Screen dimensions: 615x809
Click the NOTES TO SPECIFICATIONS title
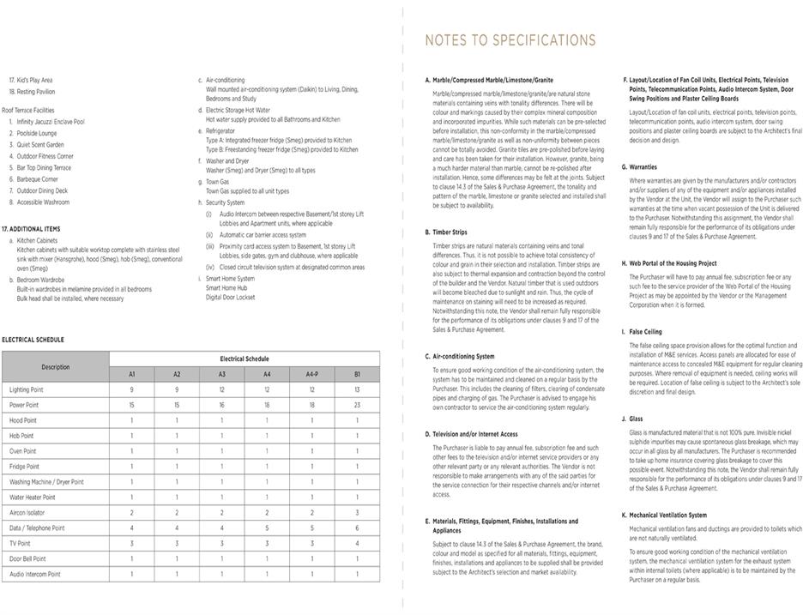pyautogui.click(x=510, y=40)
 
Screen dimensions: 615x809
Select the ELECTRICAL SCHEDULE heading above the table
pyautogui.click(x=33, y=340)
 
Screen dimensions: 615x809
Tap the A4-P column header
pyautogui.click(x=311, y=374)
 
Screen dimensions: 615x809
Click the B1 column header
pyautogui.click(x=357, y=374)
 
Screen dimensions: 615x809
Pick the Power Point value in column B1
pyautogui.click(x=357, y=405)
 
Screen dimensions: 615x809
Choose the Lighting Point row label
pyautogui.click(x=27, y=389)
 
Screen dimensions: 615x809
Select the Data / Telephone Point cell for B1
pyautogui.click(x=357, y=528)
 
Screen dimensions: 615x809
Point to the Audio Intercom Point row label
pyautogui.click(x=35, y=574)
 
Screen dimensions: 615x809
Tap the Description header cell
pyautogui.click(x=56, y=366)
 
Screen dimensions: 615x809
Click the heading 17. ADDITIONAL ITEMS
pyautogui.click(x=31, y=229)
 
